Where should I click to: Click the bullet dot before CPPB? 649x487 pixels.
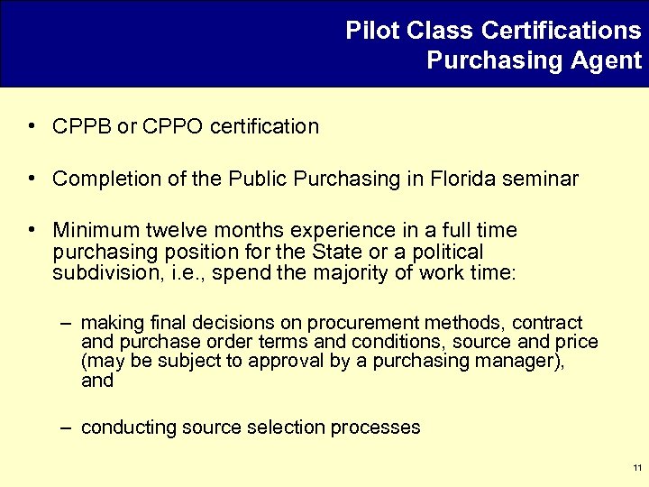[x=32, y=126]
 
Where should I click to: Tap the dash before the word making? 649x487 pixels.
[x=68, y=323]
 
